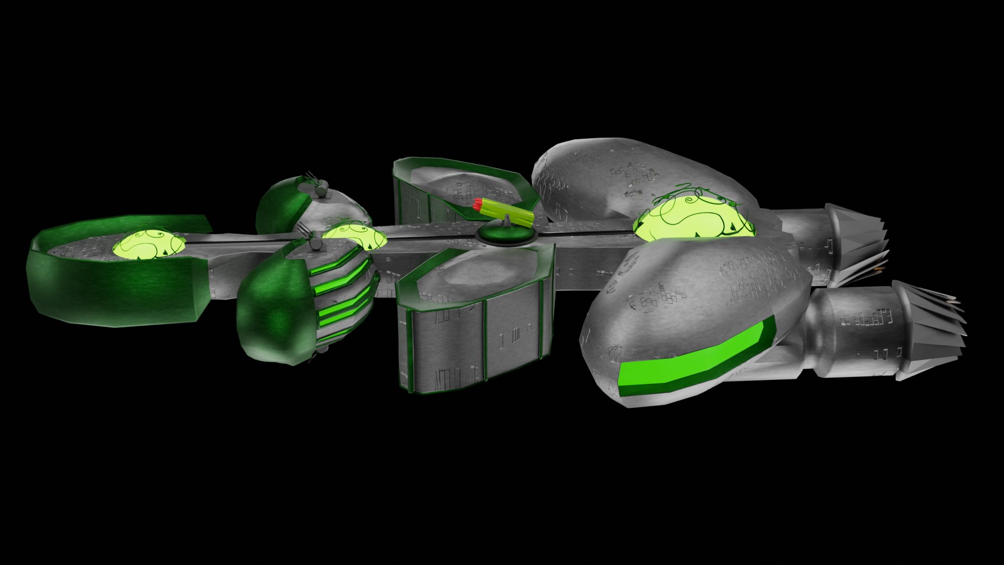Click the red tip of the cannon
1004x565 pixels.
(477, 204)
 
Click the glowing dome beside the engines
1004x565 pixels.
(693, 217)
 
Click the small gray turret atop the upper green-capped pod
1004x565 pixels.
(320, 188)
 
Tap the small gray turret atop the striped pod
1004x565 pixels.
(316, 242)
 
